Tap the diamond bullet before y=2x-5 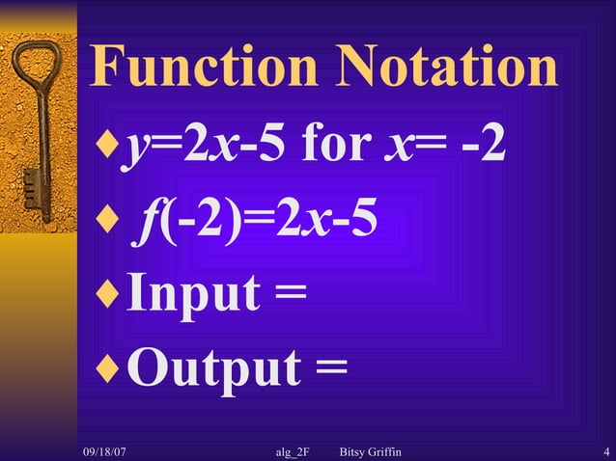105,149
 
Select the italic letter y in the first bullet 130,152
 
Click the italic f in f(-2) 149,222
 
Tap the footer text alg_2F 293,451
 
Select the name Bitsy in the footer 357,451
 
